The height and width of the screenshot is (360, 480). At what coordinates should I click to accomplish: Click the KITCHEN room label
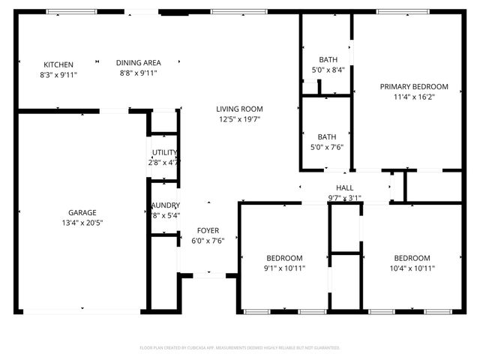coord(58,64)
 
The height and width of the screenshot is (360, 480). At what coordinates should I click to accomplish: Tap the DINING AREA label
coord(139,63)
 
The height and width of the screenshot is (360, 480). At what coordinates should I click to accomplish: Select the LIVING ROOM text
coord(240,109)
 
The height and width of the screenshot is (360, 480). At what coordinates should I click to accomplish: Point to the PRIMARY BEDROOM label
coord(414,86)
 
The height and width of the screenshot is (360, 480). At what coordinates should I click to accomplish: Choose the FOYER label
coord(208,230)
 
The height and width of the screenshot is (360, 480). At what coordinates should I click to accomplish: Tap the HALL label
coord(345,188)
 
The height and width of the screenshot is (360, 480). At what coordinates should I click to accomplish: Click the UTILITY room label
coord(164,152)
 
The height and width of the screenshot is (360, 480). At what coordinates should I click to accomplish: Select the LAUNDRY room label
coord(164,205)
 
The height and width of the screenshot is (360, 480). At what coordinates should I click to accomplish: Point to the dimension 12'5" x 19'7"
coord(240,119)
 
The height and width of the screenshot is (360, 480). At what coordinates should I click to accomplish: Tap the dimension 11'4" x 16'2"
coord(414,97)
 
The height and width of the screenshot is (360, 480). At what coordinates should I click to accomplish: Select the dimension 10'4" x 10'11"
coord(412,268)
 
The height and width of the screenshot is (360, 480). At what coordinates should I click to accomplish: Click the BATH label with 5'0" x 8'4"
coord(328,60)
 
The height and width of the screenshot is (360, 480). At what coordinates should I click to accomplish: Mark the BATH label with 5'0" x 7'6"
coord(326,137)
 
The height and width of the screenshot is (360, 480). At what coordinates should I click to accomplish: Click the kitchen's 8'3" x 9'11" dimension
coord(58,74)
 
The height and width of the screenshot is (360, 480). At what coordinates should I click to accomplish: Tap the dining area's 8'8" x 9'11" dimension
coord(139,73)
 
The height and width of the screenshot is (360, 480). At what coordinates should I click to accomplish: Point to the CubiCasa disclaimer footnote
coord(240,348)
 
